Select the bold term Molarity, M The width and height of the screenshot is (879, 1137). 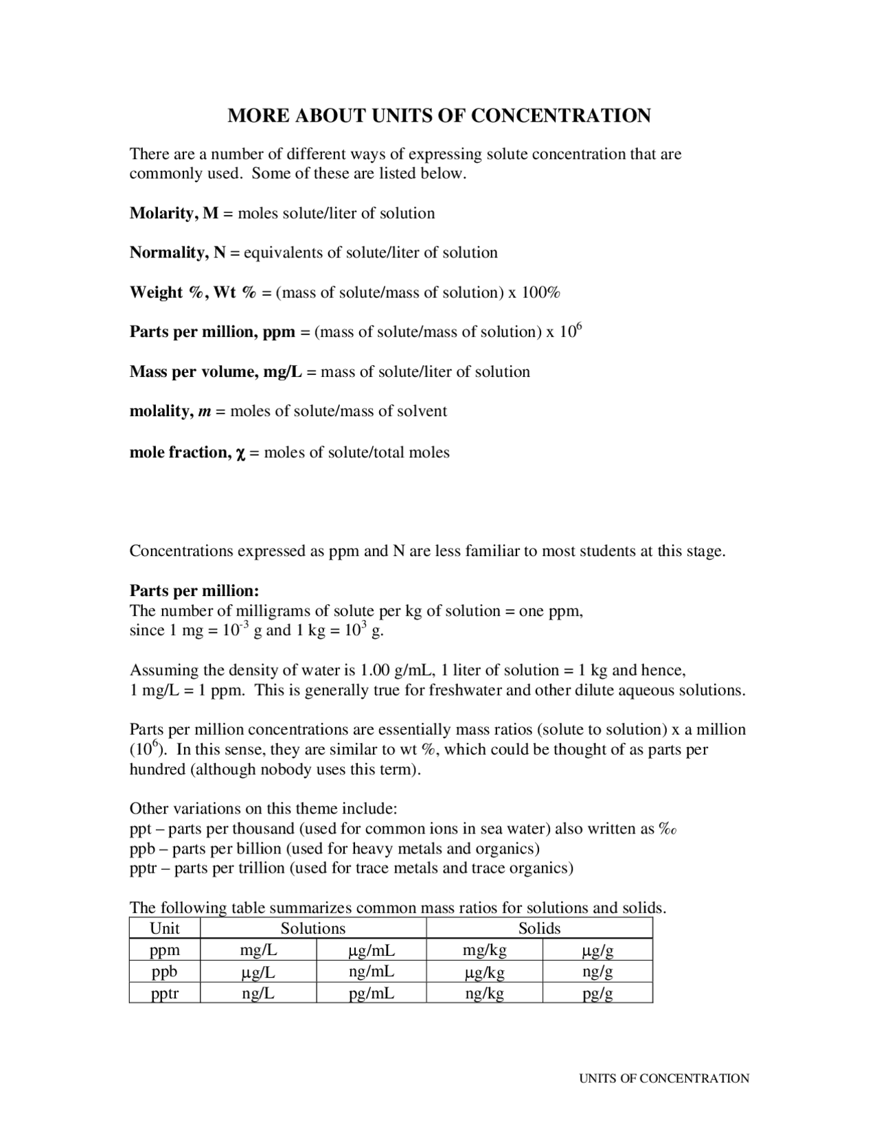coord(174,214)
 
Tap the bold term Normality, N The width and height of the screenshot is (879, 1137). coord(178,253)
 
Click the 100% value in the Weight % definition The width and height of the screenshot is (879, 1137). coord(540,292)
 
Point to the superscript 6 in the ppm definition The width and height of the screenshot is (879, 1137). coord(578,327)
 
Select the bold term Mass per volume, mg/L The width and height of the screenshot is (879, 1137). coord(216,372)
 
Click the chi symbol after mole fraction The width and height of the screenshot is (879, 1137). coord(240,453)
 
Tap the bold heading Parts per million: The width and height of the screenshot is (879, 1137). coord(194,591)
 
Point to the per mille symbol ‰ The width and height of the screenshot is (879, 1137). coord(668,829)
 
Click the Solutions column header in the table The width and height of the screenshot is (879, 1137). coord(312,928)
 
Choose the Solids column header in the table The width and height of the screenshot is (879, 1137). coord(539,928)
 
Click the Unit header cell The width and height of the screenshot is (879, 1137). coord(165,928)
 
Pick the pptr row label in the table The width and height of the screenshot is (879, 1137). coord(165,993)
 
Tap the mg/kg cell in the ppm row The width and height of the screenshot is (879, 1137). coord(484,950)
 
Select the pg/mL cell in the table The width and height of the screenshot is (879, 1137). coord(372,993)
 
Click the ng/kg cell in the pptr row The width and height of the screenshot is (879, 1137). coord(484,993)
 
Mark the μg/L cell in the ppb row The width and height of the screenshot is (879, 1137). coord(258,972)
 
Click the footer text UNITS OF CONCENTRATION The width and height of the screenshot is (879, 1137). coord(664,1079)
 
